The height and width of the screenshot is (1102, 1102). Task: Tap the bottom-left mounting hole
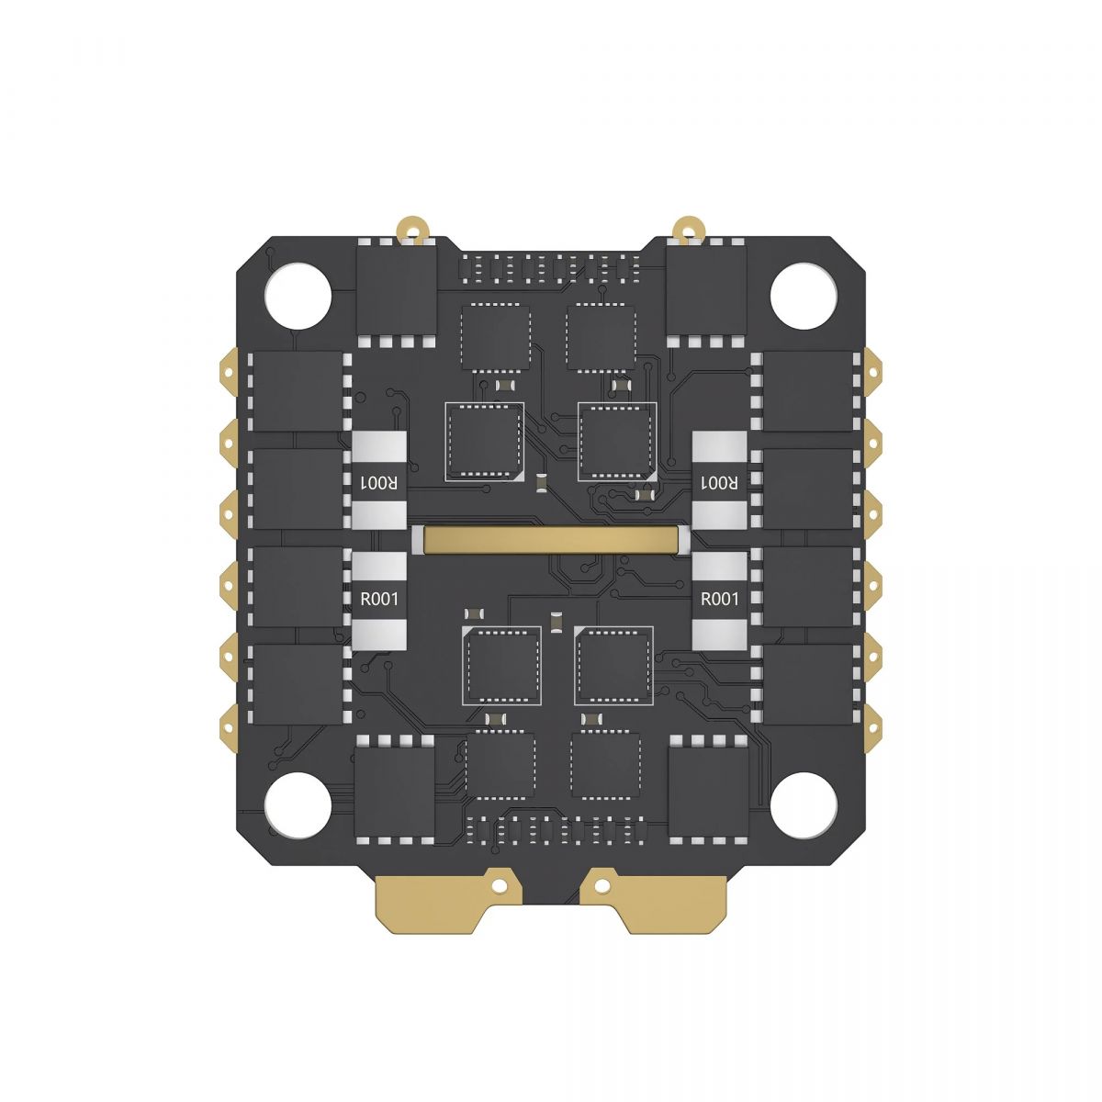pos(298,805)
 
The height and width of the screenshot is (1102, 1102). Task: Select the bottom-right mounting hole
pos(804,805)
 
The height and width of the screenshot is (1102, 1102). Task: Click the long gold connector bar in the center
pos(550,540)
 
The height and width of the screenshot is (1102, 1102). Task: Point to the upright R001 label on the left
pos(378,600)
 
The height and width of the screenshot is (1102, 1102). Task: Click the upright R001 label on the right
pos(719,600)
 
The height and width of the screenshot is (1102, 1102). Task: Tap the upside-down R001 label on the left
pos(378,483)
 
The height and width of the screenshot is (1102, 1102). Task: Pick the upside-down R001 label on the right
pos(719,483)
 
